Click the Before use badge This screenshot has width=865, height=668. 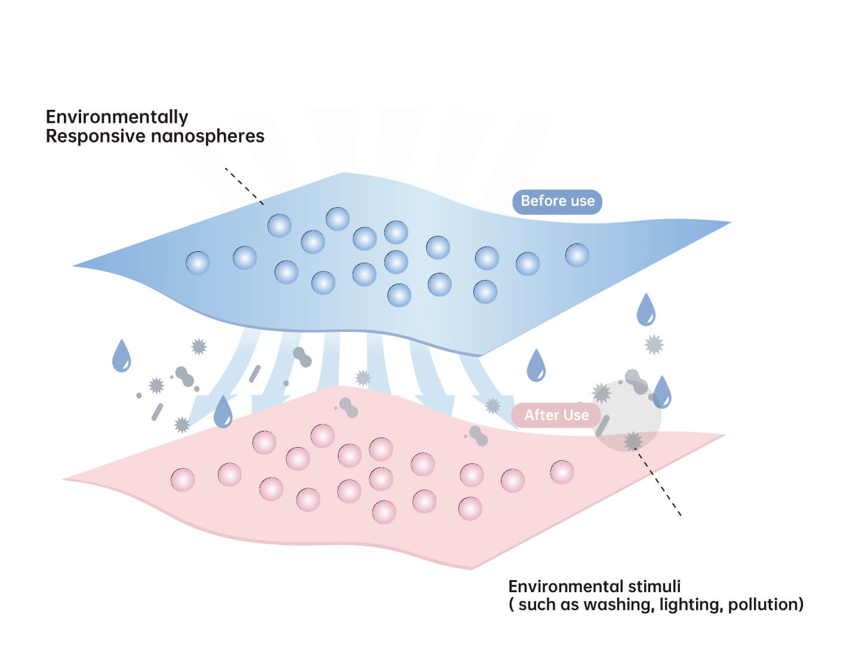click(557, 201)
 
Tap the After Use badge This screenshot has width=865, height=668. click(556, 415)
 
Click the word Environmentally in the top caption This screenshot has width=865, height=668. click(117, 117)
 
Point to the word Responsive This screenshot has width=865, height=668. click(96, 136)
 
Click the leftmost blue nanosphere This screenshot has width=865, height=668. click(198, 263)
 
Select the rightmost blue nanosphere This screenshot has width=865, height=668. click(577, 255)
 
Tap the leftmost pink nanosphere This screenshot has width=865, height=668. click(183, 480)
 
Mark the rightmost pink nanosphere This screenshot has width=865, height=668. click(562, 472)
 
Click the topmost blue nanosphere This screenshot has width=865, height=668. click(337, 219)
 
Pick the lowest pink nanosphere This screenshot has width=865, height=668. click(384, 512)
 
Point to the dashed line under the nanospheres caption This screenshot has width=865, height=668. click(244, 186)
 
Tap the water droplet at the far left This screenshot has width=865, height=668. click(121, 356)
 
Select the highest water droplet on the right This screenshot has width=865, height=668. click(646, 309)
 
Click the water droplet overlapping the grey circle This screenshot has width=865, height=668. click(662, 392)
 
